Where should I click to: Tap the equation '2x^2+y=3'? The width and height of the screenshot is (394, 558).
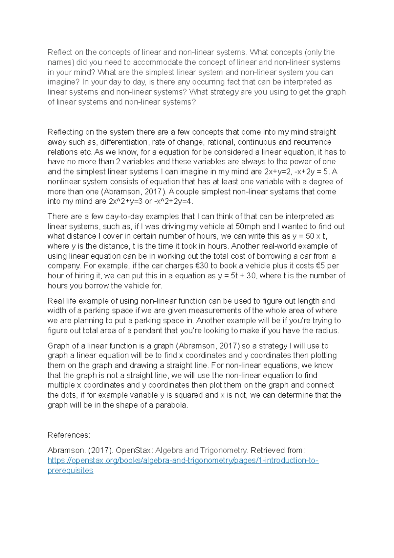(x=125, y=201)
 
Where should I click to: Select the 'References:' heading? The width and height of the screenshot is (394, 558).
(x=69, y=435)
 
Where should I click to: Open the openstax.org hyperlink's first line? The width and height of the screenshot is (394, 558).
(x=183, y=460)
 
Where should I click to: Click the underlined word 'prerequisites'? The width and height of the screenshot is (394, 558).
(x=70, y=470)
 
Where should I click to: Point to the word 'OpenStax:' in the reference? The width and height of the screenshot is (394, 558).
(x=134, y=450)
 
